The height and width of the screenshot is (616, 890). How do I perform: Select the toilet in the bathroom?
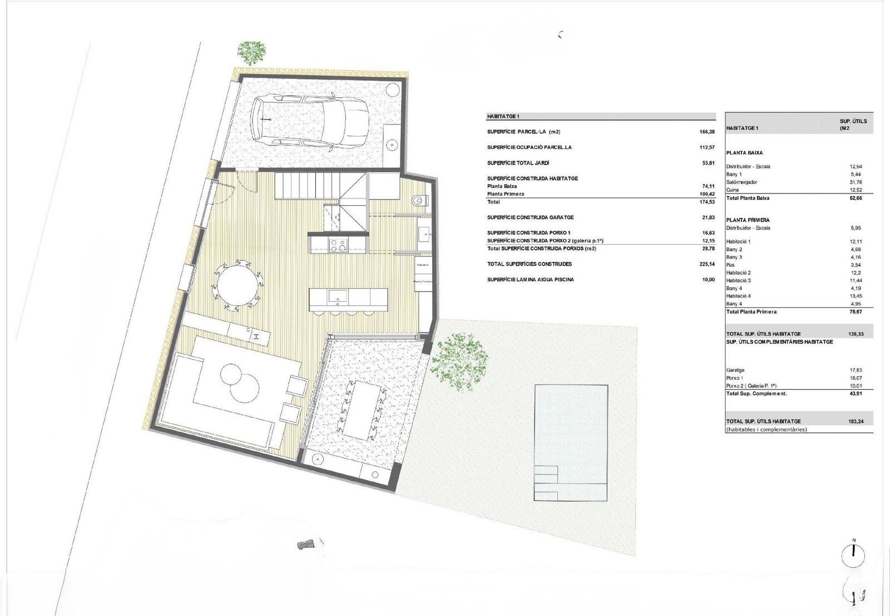pos(419,200)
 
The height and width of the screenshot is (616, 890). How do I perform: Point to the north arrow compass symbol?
pos(853,555)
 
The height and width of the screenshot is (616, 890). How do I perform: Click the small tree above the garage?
pos(251,52)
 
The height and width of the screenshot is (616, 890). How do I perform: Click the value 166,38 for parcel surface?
pos(707,132)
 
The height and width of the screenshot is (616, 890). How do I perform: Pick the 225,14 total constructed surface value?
pos(706,264)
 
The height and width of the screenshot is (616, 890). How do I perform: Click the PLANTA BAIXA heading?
pos(744,152)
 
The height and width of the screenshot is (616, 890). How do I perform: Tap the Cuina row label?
pos(732,190)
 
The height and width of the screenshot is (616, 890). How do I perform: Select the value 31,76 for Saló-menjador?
pos(856,182)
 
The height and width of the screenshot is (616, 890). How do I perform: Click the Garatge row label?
pos(735,370)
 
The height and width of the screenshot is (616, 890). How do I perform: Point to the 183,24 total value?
pos(856,421)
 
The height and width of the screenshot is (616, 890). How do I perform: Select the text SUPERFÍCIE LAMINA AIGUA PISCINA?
pos(530,280)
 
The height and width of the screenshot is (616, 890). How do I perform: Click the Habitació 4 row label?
pos(738,296)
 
